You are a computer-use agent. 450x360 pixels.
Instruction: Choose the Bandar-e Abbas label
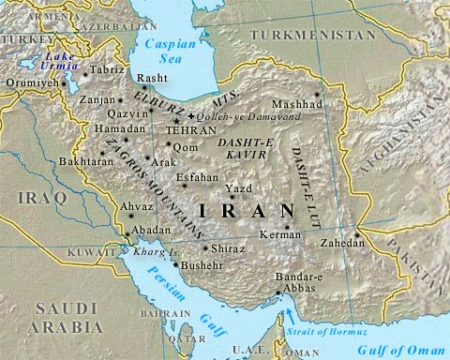coord(302,284)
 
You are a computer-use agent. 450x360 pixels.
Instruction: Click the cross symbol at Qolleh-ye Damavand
coord(191,114)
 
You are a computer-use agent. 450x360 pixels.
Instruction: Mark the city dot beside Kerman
coord(286,225)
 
